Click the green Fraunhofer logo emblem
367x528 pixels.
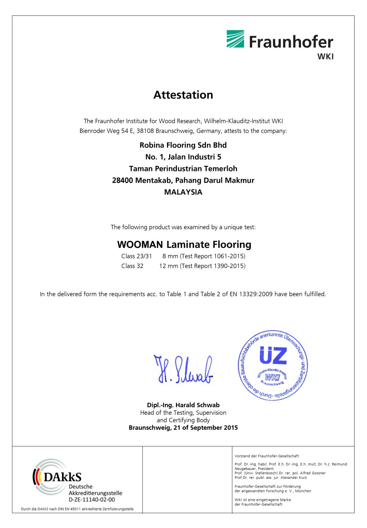pos(235,39)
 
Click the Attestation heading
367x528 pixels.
pos(183,95)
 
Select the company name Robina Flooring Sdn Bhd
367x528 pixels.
pos(183,145)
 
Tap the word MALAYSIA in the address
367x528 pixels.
pos(183,192)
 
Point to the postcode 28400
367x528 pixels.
pos(123,181)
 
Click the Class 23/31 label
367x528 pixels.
pos(137,256)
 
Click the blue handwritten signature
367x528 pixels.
pos(183,370)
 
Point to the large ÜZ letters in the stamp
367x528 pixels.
pos(273,355)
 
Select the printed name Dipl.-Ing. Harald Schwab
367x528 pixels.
pos(183,405)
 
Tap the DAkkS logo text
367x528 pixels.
pos(62,477)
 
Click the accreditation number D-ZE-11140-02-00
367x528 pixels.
pos(92,500)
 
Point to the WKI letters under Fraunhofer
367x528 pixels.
pos(325,57)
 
